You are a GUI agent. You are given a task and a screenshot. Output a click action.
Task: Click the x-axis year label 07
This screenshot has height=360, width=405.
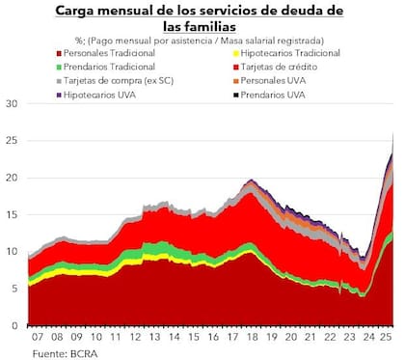point(38,339)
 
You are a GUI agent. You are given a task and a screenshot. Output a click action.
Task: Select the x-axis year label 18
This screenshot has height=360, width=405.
point(250,339)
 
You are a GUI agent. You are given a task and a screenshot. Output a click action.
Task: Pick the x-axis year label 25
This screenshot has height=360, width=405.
point(385,339)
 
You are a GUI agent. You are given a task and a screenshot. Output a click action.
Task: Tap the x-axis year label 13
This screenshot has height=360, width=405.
point(153,339)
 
